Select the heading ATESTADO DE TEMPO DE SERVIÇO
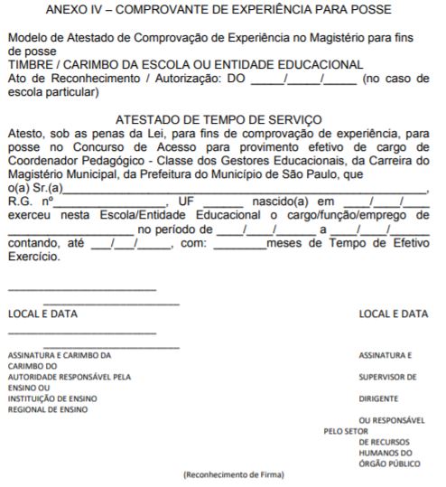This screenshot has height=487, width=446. tap(219, 118)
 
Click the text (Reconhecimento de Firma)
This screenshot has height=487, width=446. tap(233, 474)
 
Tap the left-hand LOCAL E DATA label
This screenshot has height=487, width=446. tap(42, 314)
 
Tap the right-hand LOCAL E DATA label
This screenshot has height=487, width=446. tap(394, 314)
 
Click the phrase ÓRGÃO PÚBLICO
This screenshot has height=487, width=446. tap(390, 464)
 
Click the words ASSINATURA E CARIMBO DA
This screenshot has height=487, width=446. tap(60, 355)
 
